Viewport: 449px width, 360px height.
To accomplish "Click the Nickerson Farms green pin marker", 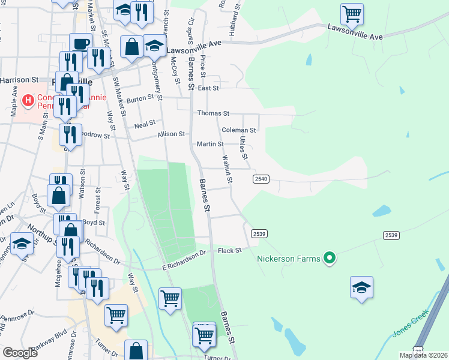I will point(329,259).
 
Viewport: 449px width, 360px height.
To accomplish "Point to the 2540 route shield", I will point(261,179).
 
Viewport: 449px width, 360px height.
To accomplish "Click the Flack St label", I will point(229,250).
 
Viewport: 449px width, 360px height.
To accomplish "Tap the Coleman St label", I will point(238,130).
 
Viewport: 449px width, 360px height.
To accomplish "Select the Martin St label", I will point(210,144).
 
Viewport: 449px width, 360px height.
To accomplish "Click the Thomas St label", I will point(213,113).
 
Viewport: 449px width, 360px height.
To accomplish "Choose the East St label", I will point(208,88).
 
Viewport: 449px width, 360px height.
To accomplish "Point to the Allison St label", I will point(171,134).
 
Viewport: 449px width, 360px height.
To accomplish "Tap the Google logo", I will point(20,353).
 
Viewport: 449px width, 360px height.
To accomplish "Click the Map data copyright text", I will point(423,355).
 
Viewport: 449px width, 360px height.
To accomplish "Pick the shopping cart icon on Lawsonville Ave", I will point(351,13).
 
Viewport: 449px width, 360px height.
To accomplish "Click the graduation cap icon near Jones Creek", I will point(361,287).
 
